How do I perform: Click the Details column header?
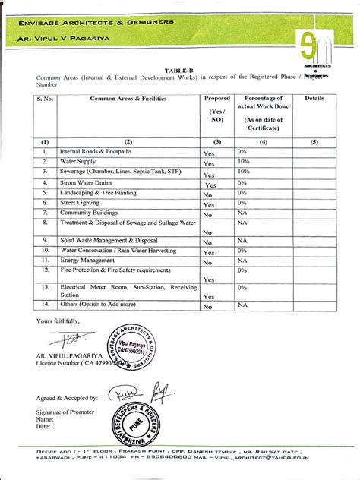click(314, 99)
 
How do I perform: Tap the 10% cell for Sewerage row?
click(243, 172)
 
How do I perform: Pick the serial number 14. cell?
click(45, 305)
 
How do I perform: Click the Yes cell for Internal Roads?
click(209, 153)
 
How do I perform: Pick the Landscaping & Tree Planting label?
click(98, 193)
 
